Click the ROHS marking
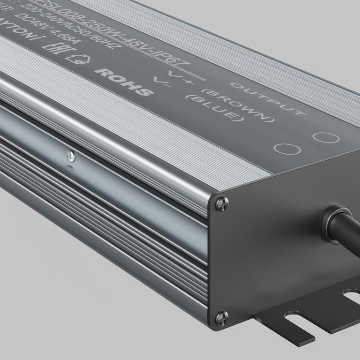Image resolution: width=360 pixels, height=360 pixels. coord(124,81)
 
